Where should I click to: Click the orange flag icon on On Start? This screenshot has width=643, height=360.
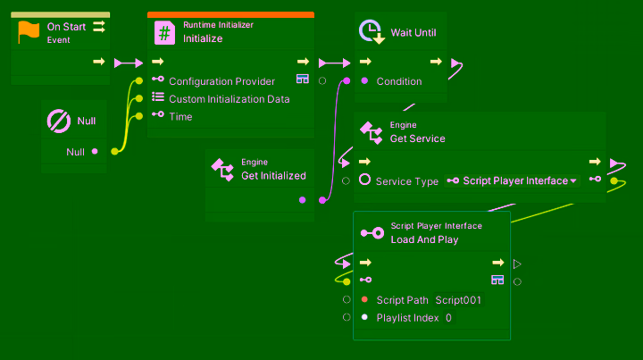(29, 32)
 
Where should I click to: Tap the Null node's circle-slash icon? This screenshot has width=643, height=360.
(59, 121)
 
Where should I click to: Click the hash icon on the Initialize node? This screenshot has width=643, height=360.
(165, 33)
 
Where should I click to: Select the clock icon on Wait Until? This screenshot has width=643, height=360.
(371, 32)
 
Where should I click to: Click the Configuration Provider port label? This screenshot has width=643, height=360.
(221, 81)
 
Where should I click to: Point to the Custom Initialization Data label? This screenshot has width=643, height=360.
(229, 99)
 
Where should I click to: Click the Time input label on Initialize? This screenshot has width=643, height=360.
(180, 116)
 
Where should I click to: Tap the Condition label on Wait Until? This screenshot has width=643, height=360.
(399, 81)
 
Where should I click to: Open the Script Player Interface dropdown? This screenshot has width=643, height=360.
(513, 180)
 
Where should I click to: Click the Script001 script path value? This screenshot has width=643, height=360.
(458, 300)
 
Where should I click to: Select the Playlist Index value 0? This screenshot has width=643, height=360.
(448, 317)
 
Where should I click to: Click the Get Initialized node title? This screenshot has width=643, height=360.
(273, 176)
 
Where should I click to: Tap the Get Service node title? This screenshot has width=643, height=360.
(417, 138)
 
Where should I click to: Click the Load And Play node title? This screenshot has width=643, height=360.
(424, 239)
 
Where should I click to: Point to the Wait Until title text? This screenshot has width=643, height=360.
(413, 33)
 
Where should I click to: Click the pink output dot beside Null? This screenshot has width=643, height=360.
(95, 151)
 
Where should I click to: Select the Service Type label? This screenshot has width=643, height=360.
(406, 181)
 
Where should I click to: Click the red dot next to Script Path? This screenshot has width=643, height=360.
(364, 299)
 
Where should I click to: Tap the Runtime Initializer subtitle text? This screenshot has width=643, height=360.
(218, 25)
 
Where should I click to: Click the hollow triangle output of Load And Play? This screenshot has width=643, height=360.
(517, 264)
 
